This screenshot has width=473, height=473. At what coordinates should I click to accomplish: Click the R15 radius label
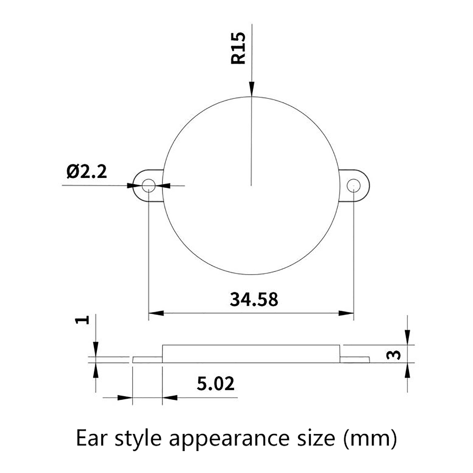pos(238,48)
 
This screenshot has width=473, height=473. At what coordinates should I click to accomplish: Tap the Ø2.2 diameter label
pos(87,172)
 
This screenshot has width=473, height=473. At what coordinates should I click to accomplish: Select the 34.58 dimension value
pos(254,299)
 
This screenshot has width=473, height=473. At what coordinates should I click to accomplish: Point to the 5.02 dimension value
pos(216,384)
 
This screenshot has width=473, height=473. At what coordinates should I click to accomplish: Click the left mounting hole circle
pos(148,186)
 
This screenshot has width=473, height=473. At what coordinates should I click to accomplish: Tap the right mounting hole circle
pos(354,186)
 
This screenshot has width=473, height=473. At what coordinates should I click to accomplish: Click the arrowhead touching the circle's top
pos(251,89)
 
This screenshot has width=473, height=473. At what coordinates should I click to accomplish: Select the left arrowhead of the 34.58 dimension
pos(156,313)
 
